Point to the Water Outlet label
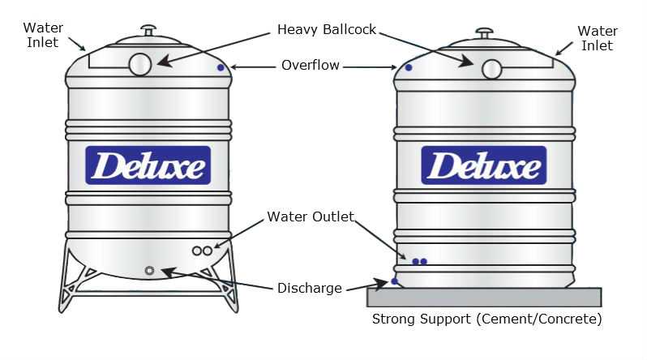(x=311, y=216)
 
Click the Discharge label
(x=309, y=288)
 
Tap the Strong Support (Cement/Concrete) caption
(x=486, y=319)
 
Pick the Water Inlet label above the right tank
(x=598, y=38)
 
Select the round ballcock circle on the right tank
(x=492, y=69)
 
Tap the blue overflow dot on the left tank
(x=220, y=68)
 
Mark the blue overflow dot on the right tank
(x=409, y=67)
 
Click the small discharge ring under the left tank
(x=149, y=270)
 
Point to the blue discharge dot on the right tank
(x=395, y=281)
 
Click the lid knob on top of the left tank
(x=148, y=30)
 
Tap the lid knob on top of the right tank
(x=484, y=33)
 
